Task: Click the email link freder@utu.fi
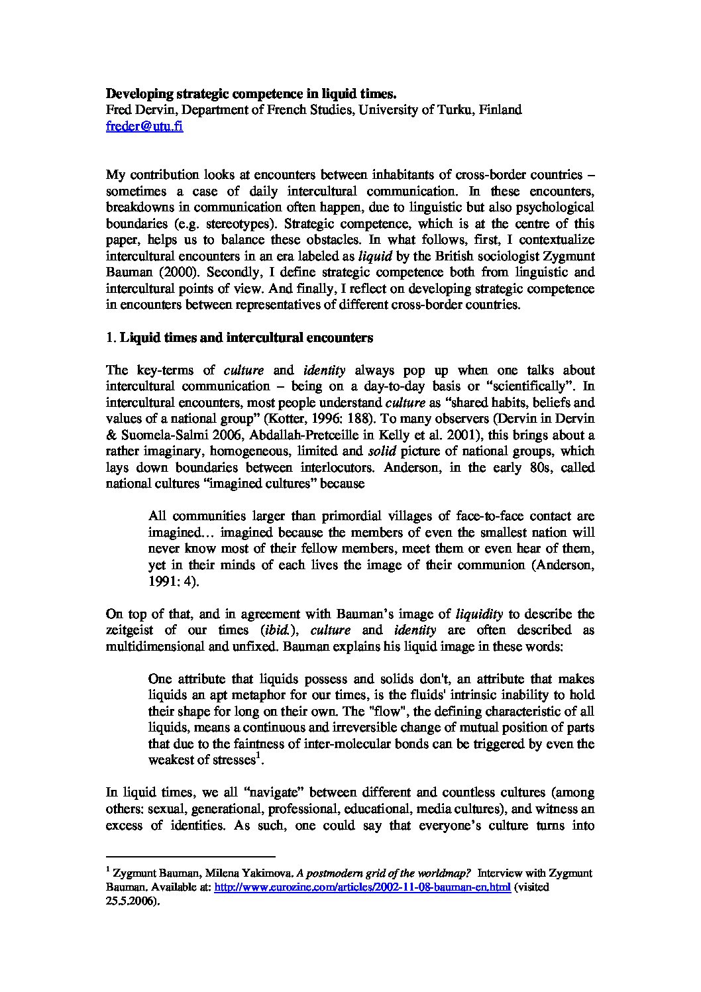click(144, 127)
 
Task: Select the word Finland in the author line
click(500, 110)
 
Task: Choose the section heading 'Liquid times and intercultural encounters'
click(246, 338)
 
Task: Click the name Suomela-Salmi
click(159, 435)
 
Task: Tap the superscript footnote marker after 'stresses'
click(258, 756)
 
